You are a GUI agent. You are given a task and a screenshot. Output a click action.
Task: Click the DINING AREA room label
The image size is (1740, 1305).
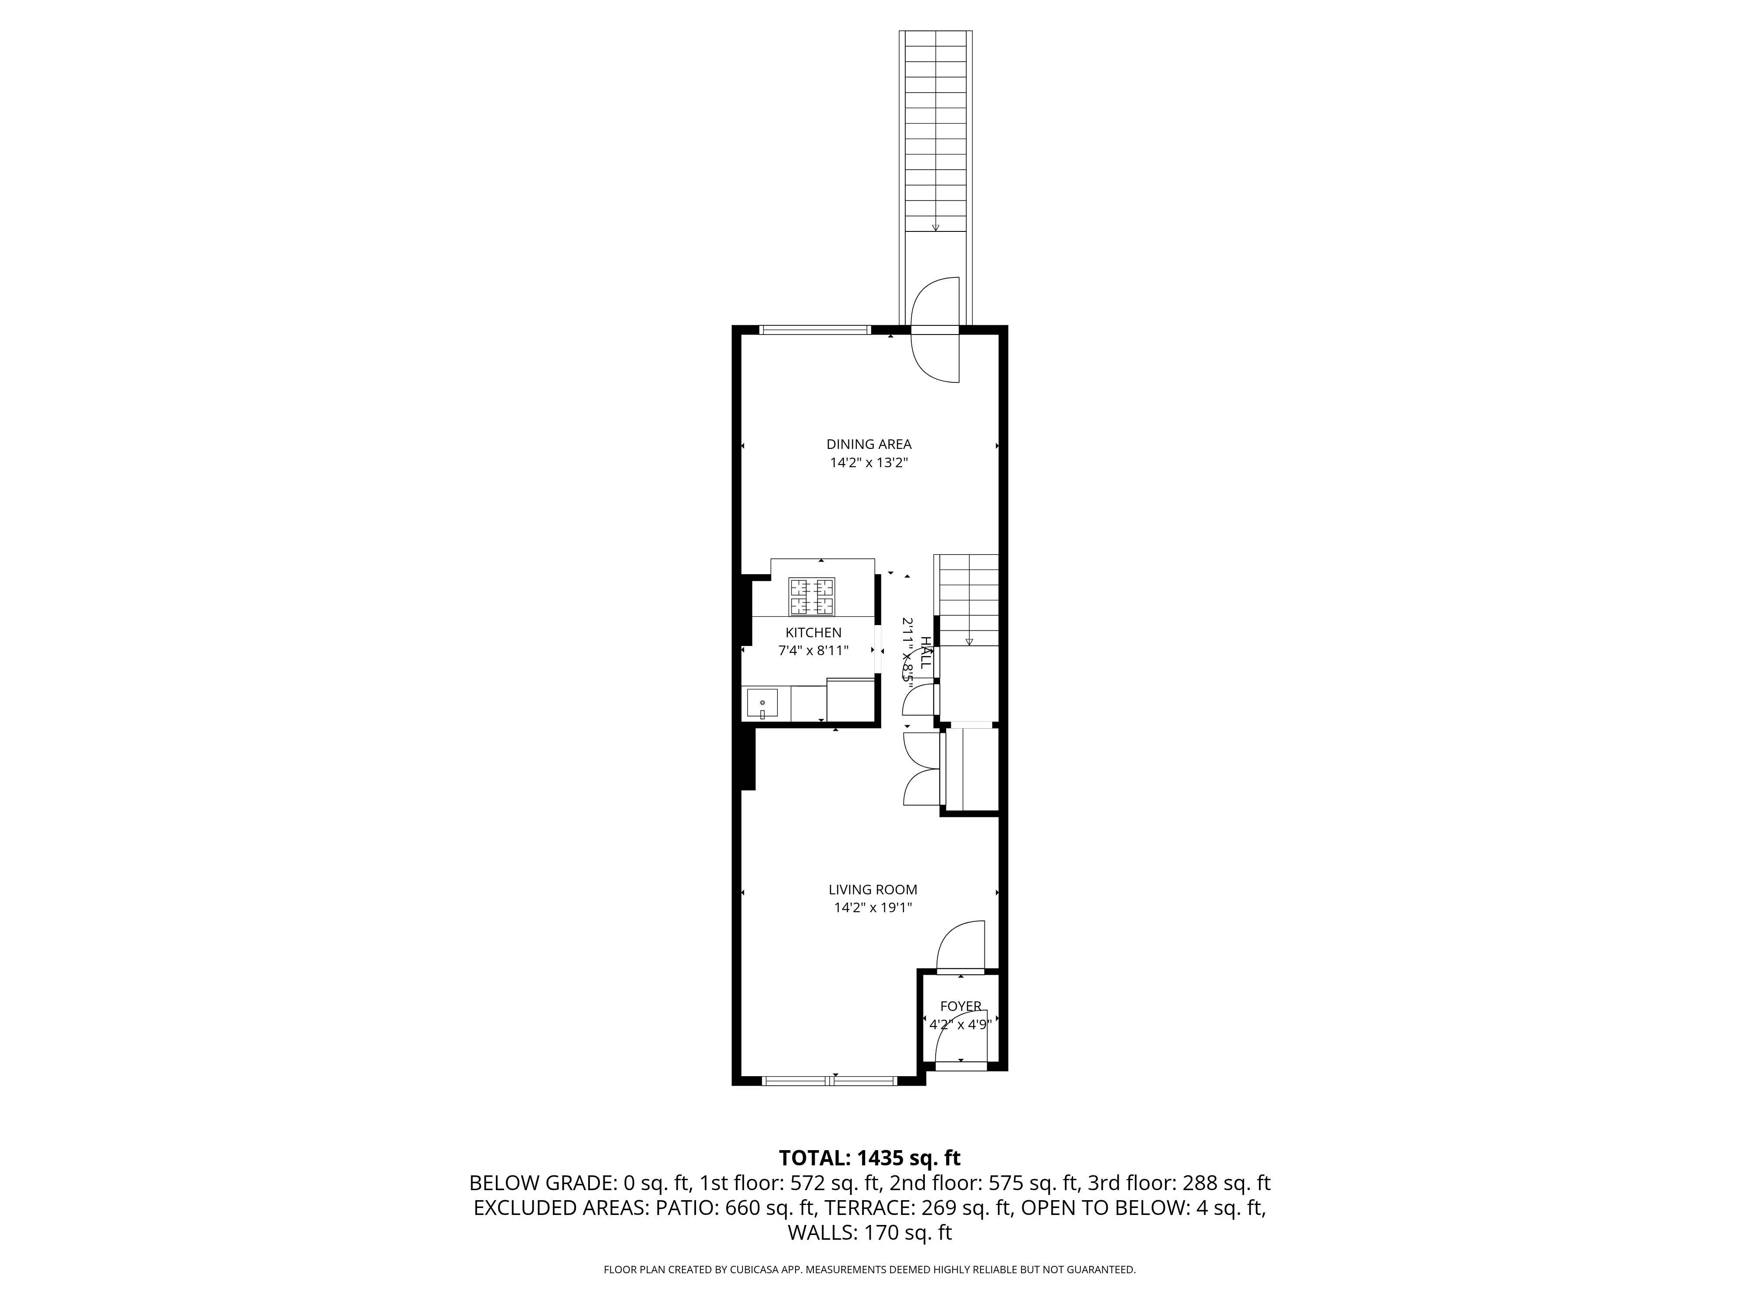point(868,445)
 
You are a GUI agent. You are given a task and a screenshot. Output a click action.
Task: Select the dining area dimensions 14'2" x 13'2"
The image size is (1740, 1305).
point(868,463)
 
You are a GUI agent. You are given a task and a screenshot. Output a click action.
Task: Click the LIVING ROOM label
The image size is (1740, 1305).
point(872,890)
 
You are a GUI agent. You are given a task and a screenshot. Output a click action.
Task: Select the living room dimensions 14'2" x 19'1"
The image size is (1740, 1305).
point(872,908)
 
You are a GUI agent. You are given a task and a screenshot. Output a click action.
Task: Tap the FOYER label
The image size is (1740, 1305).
point(960,1006)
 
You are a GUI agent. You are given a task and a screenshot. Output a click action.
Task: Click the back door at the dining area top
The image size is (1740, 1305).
point(935,330)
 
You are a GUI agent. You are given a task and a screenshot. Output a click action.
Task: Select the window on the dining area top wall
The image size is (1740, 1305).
point(815,330)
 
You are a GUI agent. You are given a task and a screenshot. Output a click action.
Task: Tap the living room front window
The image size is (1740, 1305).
point(830,1081)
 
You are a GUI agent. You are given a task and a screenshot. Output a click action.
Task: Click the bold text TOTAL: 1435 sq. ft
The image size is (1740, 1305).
point(869,1158)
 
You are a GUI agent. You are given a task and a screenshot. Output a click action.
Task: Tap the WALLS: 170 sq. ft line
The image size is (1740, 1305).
point(869,1233)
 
